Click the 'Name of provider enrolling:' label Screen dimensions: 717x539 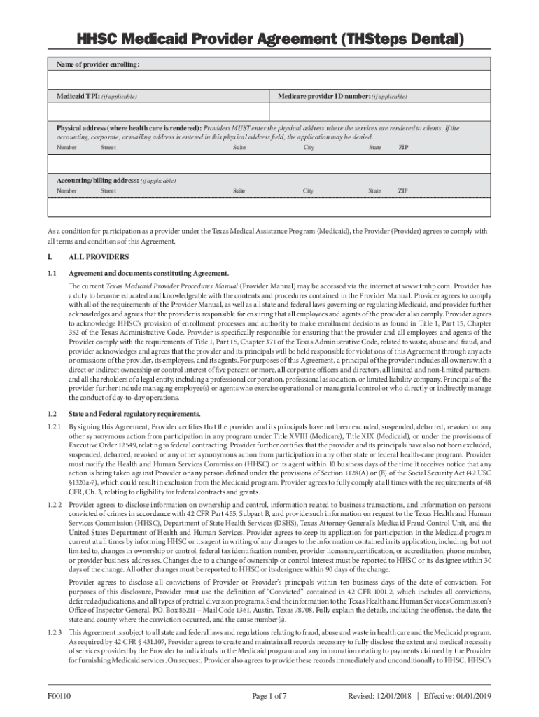click(98, 64)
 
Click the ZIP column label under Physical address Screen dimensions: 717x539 click(403, 148)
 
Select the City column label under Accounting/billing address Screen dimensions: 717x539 click(308, 191)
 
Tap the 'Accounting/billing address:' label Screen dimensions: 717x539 click(98, 181)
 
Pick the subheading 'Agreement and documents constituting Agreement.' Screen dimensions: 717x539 click(148, 273)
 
